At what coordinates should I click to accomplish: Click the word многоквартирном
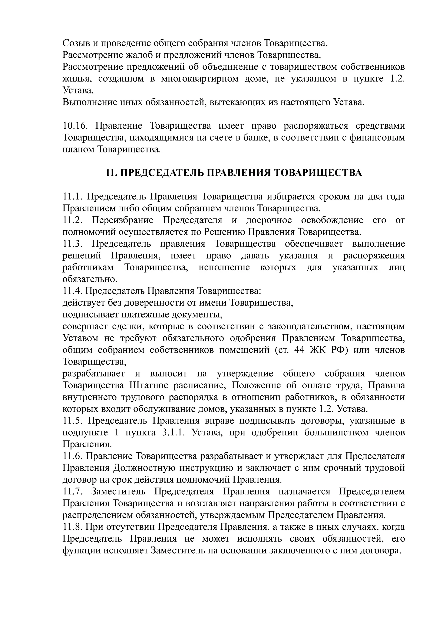[x=200, y=79]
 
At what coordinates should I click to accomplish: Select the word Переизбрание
[x=122, y=220]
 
